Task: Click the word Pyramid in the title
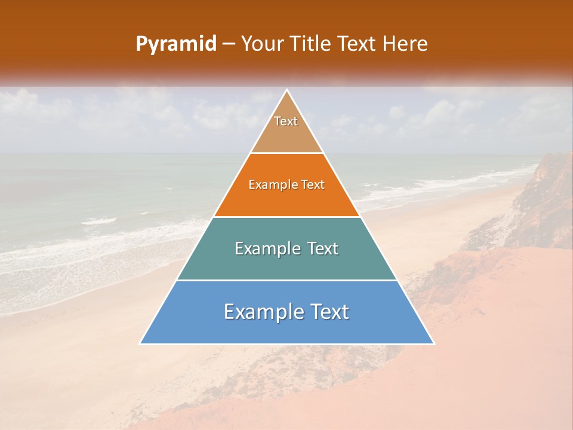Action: point(175,44)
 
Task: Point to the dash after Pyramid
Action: point(229,44)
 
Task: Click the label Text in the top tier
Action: point(286,121)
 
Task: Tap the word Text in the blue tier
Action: point(328,312)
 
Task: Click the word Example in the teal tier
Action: point(267,248)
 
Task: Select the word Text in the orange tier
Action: point(313,185)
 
